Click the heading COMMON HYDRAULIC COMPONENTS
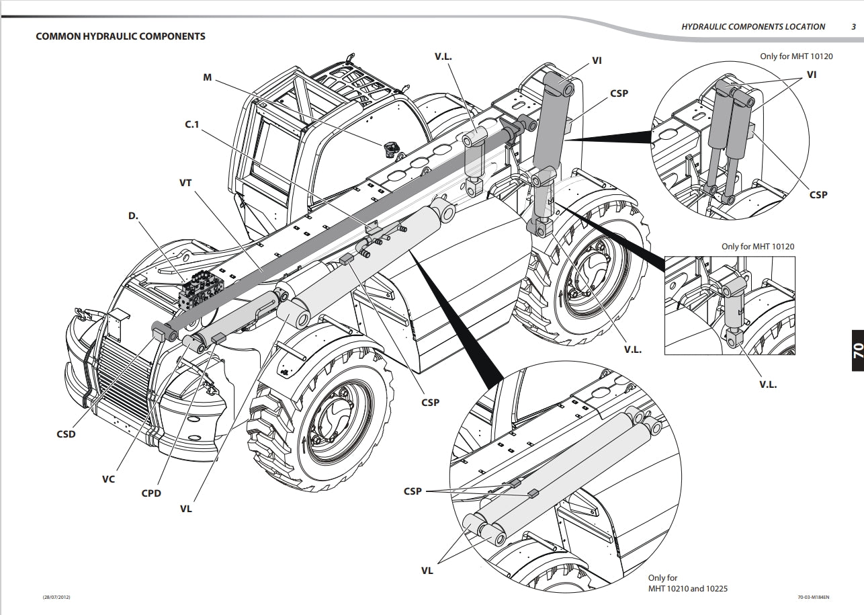(x=120, y=36)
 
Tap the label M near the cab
(x=207, y=77)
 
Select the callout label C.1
(x=192, y=124)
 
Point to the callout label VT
(x=186, y=182)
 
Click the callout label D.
(x=133, y=216)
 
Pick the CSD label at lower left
(x=66, y=434)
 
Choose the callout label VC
(x=108, y=479)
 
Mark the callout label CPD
(x=151, y=493)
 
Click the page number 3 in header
(x=853, y=27)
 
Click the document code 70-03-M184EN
(x=814, y=597)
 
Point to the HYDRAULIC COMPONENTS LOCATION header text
(x=753, y=27)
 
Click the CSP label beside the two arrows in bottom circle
(x=413, y=491)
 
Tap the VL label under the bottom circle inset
(x=427, y=571)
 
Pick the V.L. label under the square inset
(x=768, y=385)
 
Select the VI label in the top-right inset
(x=812, y=75)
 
